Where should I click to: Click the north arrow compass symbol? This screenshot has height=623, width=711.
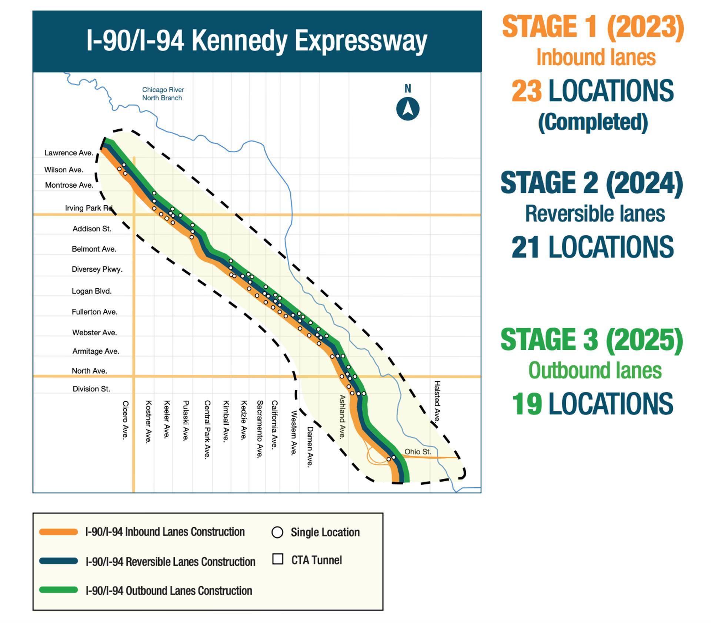coord(408,109)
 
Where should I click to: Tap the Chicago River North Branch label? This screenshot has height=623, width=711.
coord(163,94)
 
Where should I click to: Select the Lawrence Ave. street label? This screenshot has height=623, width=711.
coord(69,153)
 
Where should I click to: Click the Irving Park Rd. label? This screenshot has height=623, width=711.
coord(89,208)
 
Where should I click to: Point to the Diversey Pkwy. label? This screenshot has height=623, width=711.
coord(97,269)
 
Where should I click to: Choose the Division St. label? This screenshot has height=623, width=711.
coord(91,389)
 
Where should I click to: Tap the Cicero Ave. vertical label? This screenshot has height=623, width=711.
coord(126,420)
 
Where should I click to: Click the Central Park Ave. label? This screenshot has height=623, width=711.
coord(207,430)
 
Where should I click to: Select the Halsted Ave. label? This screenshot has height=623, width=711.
coord(437,401)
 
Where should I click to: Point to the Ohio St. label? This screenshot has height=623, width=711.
coord(418,451)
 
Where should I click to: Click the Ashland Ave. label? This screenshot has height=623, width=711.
coord(342,417)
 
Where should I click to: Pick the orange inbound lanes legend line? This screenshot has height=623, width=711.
coord(59,532)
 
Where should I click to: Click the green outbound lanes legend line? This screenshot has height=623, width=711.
coord(59,590)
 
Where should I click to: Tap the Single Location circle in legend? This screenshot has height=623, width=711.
coord(277,533)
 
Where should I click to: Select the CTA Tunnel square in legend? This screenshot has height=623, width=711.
coord(278,559)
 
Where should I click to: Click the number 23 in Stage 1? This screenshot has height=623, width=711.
coord(526,91)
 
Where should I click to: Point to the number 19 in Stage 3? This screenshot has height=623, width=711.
coord(527,404)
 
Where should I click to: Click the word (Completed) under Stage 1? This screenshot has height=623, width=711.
coord(592,122)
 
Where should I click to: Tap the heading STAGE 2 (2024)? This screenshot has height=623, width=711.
coord(591,183)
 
